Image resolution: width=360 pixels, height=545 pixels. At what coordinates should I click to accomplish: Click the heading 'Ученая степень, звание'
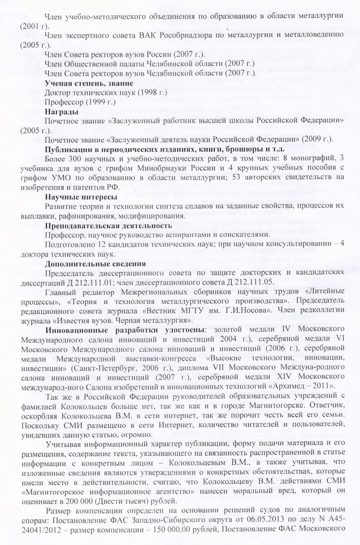pos(88,83)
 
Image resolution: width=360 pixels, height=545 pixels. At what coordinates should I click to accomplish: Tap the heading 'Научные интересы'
pos(80,196)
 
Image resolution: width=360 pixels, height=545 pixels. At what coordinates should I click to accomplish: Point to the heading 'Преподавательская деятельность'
pos(109,225)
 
